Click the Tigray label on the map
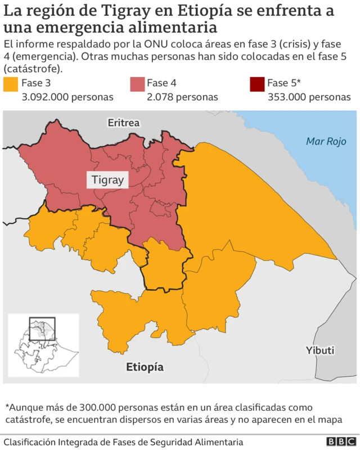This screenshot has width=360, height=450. tap(107, 181)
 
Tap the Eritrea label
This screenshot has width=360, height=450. tap(124, 123)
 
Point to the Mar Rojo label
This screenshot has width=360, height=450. tap(325, 141)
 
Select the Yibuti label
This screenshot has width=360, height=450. tap(320, 350)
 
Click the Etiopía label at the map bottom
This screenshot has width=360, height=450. tap(145, 367)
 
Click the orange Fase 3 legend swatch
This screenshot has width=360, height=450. tap(11, 84)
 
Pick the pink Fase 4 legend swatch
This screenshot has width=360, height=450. tap(137, 84)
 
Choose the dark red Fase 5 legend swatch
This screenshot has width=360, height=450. tap(257, 84)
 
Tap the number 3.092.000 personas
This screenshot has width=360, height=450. tap(67, 97)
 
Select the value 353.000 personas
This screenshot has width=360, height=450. tap(309, 97)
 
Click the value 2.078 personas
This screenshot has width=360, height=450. tap(182, 97)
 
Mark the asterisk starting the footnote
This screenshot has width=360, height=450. tap(7, 406)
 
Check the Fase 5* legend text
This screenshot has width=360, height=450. tap(283, 83)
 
